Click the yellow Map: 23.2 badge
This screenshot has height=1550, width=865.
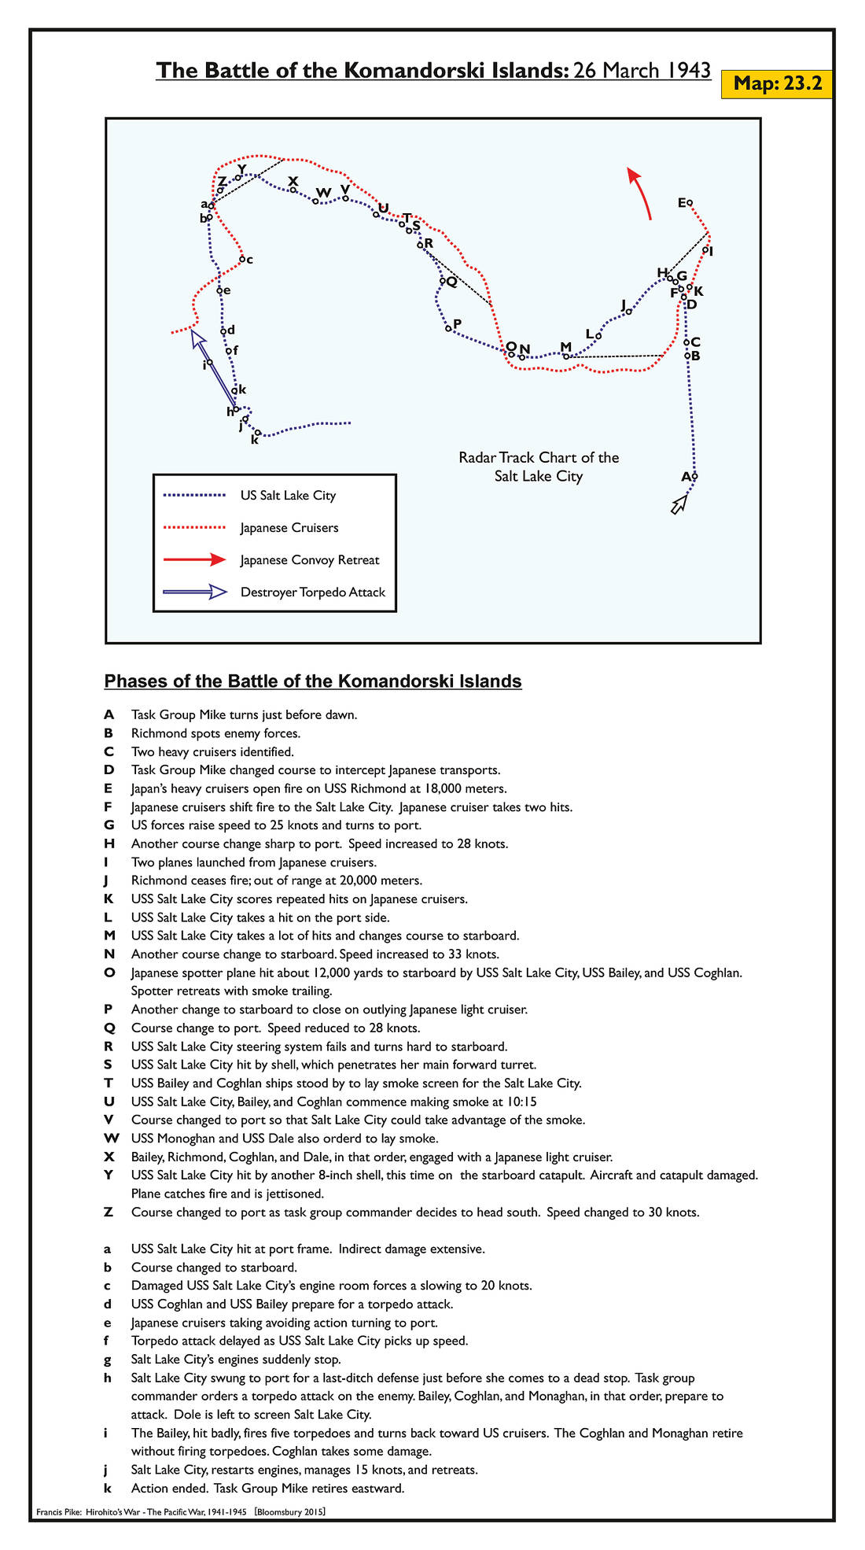tap(776, 83)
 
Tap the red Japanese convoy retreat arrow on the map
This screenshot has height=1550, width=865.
tap(640, 192)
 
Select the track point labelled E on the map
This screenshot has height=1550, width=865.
tap(690, 203)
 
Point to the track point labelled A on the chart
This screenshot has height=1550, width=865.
tap(694, 476)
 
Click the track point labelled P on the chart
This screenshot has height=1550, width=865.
tap(448, 328)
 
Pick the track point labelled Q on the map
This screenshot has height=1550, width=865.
tap(443, 280)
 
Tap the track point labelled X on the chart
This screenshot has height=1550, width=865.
tap(293, 190)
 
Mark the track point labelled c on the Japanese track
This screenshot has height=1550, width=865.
tap(243, 258)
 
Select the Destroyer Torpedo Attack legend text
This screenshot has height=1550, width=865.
tap(313, 592)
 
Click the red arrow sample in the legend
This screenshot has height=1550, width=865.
tap(194, 560)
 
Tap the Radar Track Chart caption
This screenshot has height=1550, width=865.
tap(539, 467)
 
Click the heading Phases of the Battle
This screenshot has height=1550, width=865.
tap(313, 681)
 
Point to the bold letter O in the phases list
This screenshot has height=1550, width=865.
tap(109, 972)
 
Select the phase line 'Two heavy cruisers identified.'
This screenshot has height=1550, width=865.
tap(212, 751)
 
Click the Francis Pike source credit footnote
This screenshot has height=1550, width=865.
tap(181, 1512)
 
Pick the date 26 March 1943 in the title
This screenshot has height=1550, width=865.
tap(642, 71)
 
